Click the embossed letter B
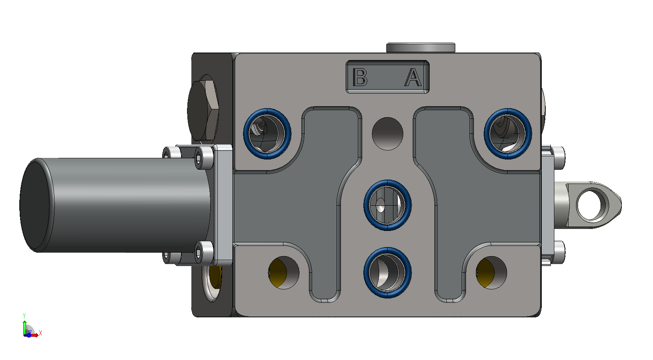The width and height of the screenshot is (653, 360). pyautogui.click(x=360, y=77)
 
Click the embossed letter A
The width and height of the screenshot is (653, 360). pyautogui.click(x=413, y=77)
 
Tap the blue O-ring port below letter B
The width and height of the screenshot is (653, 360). pyautogui.click(x=267, y=133)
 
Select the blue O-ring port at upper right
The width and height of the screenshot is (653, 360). pyautogui.click(x=508, y=133)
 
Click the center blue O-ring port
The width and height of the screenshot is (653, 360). pyautogui.click(x=387, y=205)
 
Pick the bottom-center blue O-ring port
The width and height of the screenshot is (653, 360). pyautogui.click(x=387, y=272)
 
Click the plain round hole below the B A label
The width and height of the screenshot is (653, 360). pyautogui.click(x=387, y=133)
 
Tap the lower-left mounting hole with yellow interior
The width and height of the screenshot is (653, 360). pyautogui.click(x=284, y=273)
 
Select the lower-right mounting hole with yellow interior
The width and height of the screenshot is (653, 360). pyautogui.click(x=492, y=273)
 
